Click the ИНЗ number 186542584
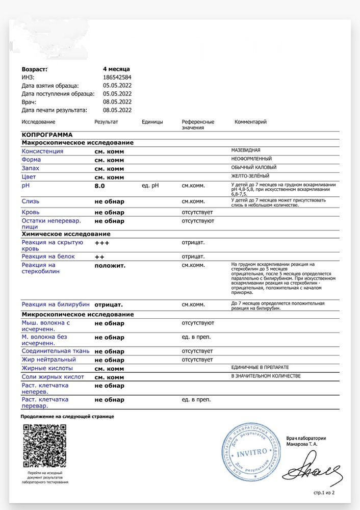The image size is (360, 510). [117, 77]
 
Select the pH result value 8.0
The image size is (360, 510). [99, 186]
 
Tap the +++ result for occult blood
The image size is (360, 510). [102, 243]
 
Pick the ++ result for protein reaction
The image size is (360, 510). [99, 257]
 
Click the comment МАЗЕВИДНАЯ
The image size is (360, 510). [246, 150]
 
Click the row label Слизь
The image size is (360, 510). [30, 201]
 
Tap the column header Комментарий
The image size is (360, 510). [250, 122]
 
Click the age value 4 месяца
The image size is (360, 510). [116, 69]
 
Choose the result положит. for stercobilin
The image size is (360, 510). [110, 266]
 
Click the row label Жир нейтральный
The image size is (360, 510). [48, 360]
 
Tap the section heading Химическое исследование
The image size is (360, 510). [66, 234]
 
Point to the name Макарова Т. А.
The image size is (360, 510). [301, 444]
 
